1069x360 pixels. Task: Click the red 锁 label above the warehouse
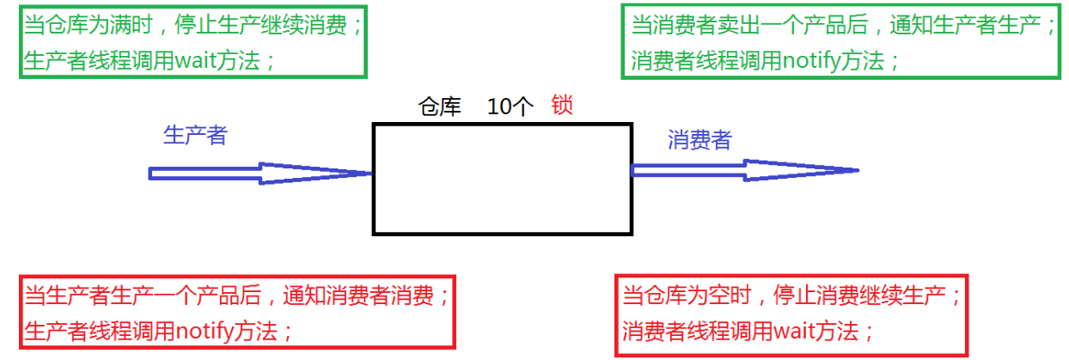tap(563, 106)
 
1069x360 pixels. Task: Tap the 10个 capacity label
tap(510, 107)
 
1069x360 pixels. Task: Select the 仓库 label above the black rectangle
tap(440, 107)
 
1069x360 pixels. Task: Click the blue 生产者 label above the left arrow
tap(195, 135)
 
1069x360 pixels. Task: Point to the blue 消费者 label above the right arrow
tap(699, 140)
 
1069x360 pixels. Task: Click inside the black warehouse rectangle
tap(502, 179)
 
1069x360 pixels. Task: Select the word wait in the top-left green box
tap(197, 61)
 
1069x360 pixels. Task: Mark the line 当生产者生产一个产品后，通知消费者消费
tap(237, 296)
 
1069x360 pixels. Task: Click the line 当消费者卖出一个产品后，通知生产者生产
tap(842, 26)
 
